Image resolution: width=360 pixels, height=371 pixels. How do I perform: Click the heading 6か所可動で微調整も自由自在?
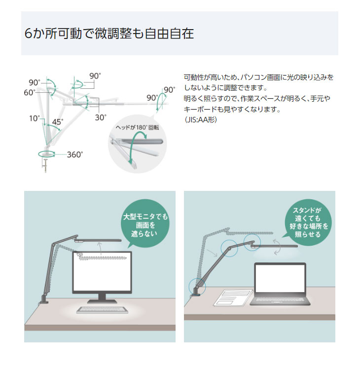click(109, 34)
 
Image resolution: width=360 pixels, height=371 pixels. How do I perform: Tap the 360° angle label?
click(75, 154)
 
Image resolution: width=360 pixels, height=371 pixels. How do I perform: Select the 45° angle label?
click(58, 122)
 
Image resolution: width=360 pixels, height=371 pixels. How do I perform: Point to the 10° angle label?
click(34, 118)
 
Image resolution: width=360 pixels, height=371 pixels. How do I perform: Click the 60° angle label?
click(29, 92)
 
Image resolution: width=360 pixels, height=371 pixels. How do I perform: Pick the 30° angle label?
click(101, 118)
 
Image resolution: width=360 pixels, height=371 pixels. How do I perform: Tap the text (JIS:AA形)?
click(200, 120)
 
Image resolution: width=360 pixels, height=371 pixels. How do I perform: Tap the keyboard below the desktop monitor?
click(102, 310)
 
